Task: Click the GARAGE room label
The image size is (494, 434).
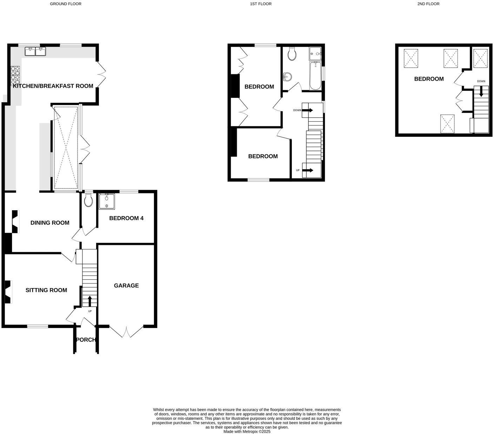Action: [x=126, y=286]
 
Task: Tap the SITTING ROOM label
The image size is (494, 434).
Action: [x=46, y=290]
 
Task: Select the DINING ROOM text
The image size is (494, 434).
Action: [x=50, y=223]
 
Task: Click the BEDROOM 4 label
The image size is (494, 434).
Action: [x=126, y=218]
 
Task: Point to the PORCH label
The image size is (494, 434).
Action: [x=86, y=340]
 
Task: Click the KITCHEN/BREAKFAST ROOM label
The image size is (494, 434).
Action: [x=53, y=86]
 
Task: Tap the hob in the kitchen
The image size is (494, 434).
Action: [x=15, y=75]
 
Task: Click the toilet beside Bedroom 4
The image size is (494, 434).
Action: [x=89, y=200]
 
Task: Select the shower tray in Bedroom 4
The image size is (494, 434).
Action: [x=107, y=201]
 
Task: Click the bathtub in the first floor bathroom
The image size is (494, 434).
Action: [x=315, y=76]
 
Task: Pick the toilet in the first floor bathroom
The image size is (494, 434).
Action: [x=292, y=54]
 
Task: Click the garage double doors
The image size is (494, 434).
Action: [x=126, y=332]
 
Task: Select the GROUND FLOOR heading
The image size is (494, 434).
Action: [x=66, y=4]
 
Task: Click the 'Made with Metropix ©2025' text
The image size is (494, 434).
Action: [x=247, y=432]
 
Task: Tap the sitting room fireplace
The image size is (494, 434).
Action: [x=8, y=292]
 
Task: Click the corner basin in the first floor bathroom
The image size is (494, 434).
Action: [x=287, y=76]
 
